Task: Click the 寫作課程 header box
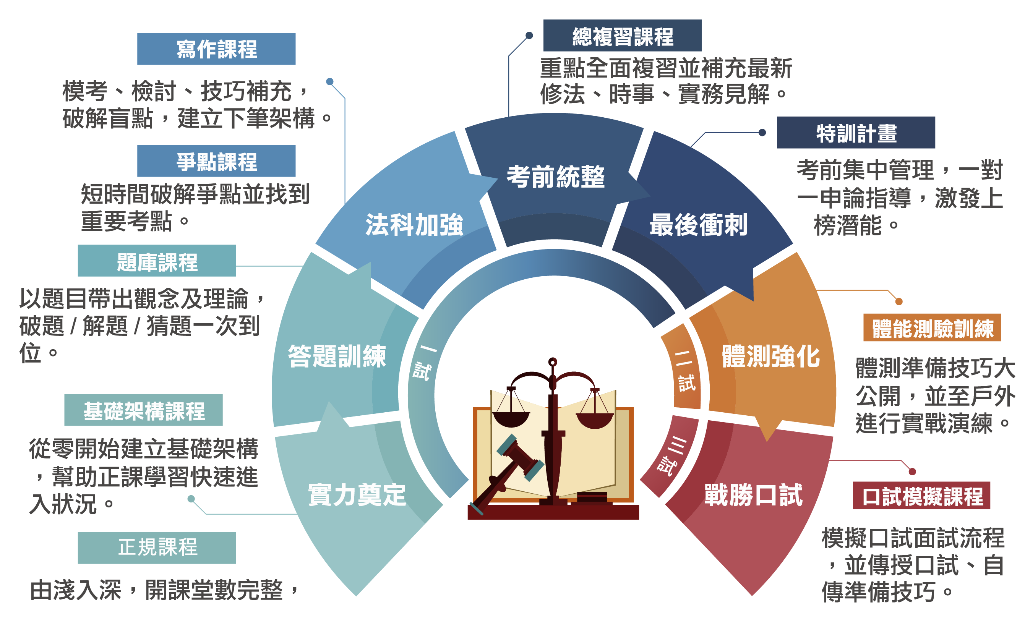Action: pyautogui.click(x=216, y=49)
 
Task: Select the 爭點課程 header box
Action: pyautogui.click(x=216, y=161)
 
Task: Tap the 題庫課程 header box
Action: pyautogui.click(x=157, y=261)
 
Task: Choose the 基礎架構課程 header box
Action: pyautogui.click(x=144, y=410)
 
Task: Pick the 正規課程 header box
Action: pyautogui.click(x=157, y=548)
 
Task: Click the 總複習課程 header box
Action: pyautogui.click(x=622, y=36)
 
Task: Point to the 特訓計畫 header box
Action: pyautogui.click(x=856, y=133)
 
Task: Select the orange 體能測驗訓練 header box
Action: pyautogui.click(x=932, y=327)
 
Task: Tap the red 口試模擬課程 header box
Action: pyautogui.click(x=921, y=496)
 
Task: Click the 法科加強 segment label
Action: pyautogui.click(x=414, y=225)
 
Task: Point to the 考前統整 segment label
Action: pyautogui.click(x=555, y=177)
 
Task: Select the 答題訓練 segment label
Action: pyautogui.click(x=337, y=356)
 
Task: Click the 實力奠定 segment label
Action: pyautogui.click(x=357, y=495)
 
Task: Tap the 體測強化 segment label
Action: pyautogui.click(x=771, y=356)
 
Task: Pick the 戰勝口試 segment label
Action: pyautogui.click(x=753, y=495)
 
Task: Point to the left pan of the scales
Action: pyautogui.click(x=511, y=419)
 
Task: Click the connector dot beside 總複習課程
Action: pyautogui.click(x=529, y=35)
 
